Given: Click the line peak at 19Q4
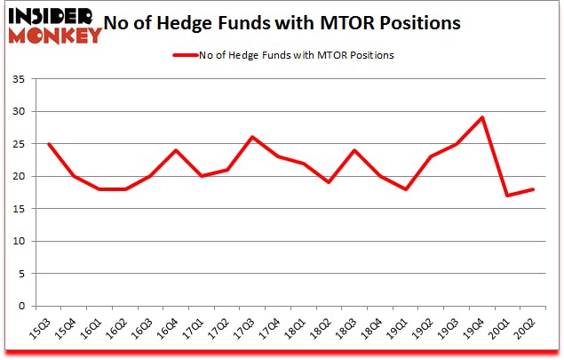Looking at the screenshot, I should click(481, 117).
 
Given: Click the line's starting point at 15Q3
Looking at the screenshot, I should click(48, 143).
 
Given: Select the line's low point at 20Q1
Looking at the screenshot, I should click(507, 196).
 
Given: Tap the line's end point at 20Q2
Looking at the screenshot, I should click(533, 189).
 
